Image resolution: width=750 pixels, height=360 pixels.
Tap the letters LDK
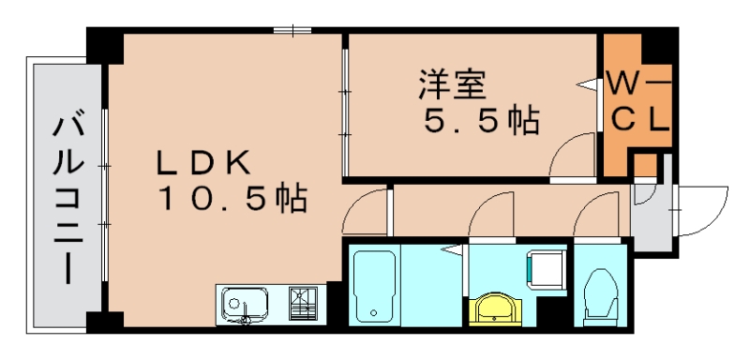tap(202, 162)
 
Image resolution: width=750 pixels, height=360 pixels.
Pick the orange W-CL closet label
tap(637, 101)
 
